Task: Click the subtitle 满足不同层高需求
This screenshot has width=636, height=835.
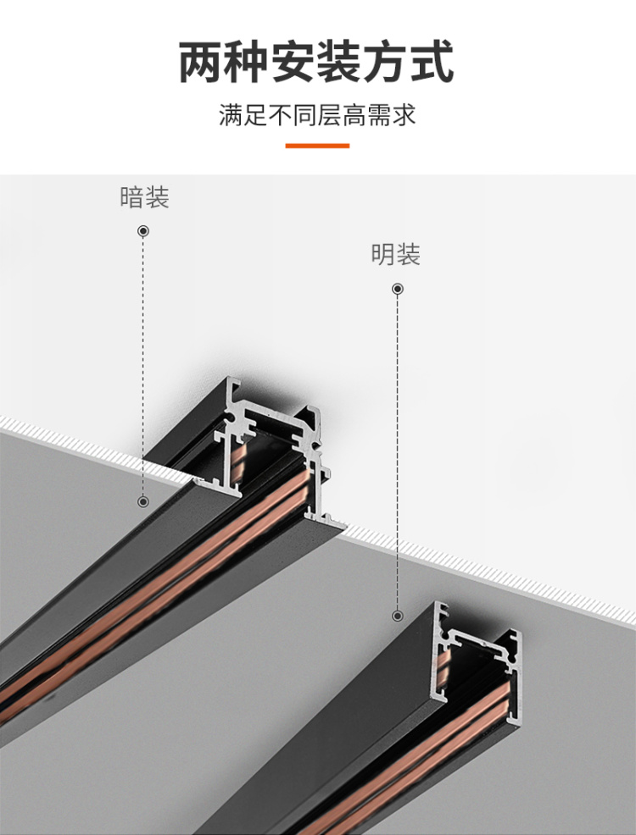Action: click(317, 115)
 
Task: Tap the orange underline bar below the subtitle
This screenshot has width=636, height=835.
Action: click(317, 146)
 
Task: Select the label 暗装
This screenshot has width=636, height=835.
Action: click(144, 197)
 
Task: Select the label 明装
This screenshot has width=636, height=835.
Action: click(395, 254)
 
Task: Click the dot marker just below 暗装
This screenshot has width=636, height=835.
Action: click(143, 230)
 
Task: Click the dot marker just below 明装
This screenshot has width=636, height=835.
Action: click(397, 289)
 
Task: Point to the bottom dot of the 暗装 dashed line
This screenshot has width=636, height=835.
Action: click(143, 501)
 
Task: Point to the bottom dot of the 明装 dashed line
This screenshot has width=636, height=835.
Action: click(397, 616)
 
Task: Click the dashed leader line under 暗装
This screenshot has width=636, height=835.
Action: click(143, 364)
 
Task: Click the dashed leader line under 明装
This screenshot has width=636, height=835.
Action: click(397, 449)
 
